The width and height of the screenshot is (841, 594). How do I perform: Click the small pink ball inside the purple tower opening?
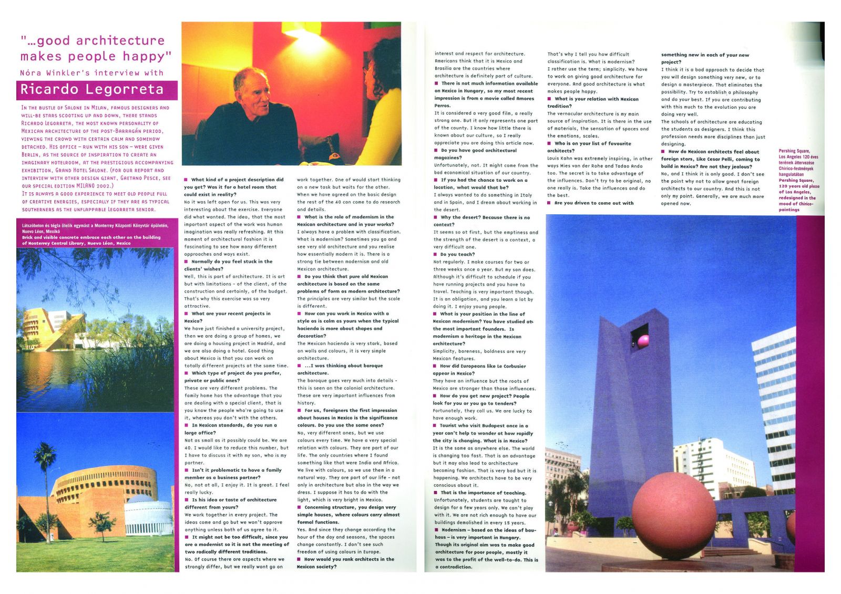coord(643,341)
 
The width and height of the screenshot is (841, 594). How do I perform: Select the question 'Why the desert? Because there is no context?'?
coord(482,221)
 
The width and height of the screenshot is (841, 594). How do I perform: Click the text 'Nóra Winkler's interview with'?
coord(92,73)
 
